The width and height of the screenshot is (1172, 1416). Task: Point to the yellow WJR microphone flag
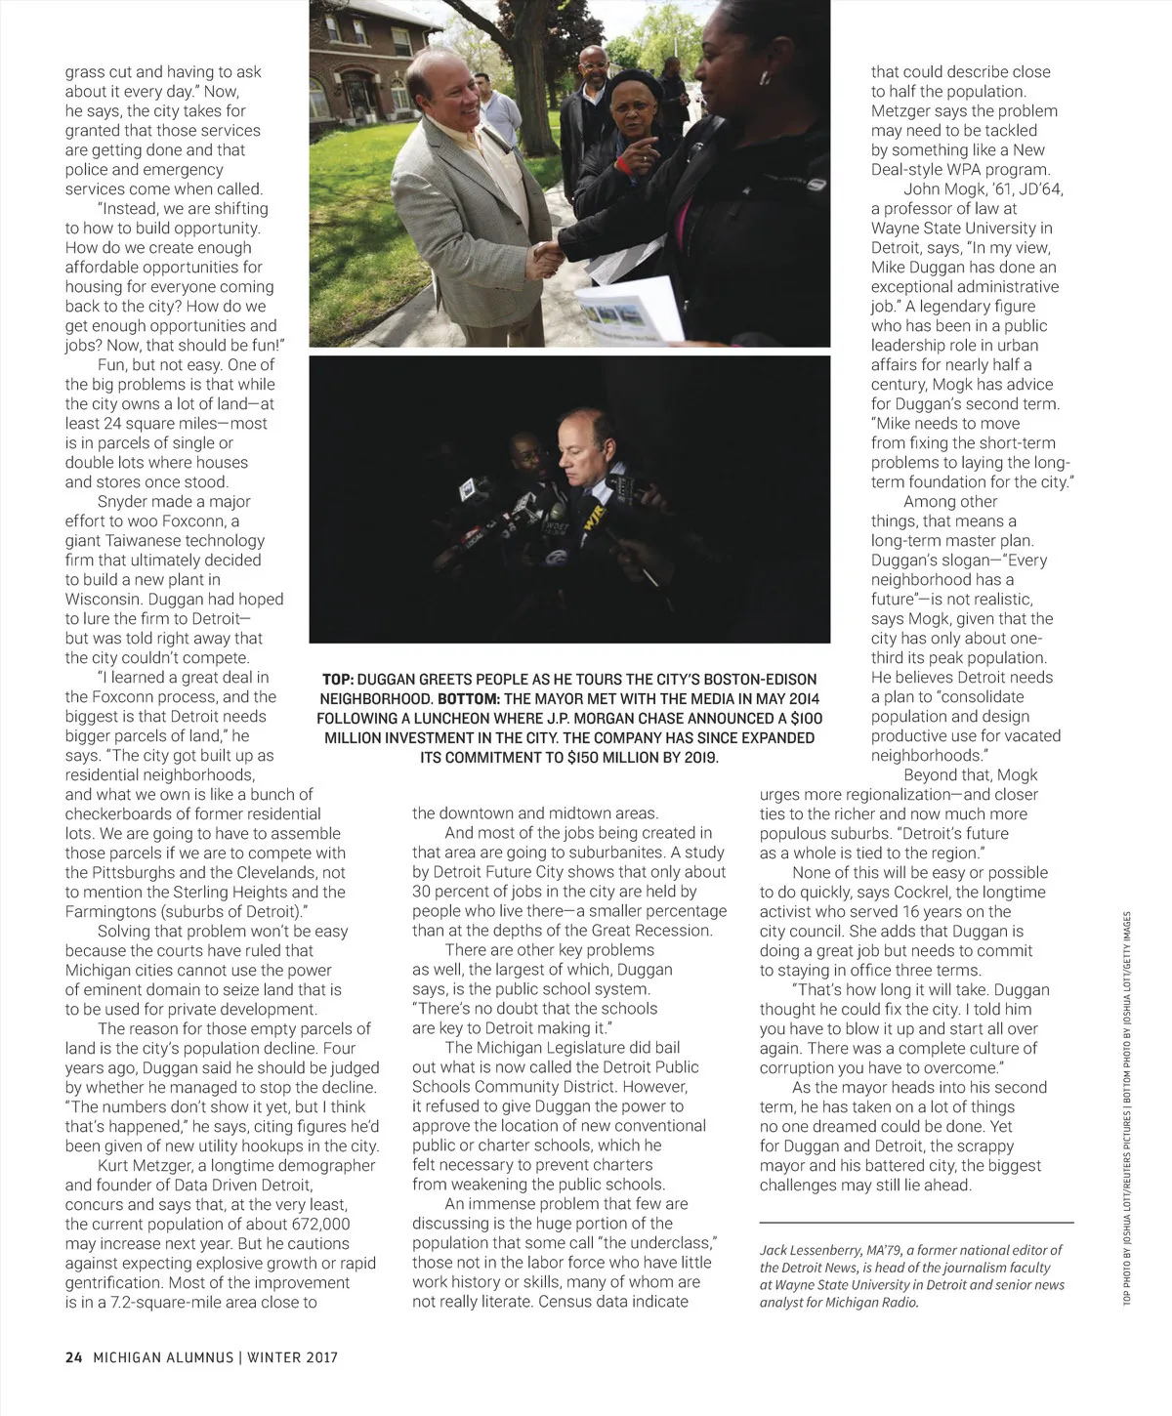[x=594, y=525]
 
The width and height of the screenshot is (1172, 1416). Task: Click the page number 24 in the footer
[x=74, y=1357]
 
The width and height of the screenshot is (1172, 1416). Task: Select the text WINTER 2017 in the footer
[x=292, y=1357]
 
